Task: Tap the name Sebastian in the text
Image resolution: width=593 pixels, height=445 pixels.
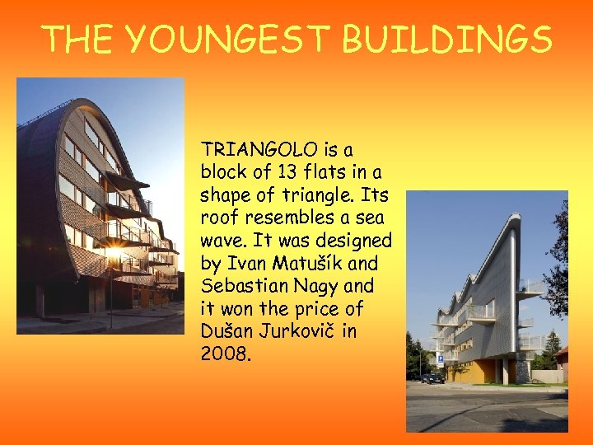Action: [245, 286]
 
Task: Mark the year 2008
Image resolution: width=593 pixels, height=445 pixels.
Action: [222, 354]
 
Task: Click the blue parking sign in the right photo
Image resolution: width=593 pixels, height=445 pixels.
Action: [439, 360]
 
